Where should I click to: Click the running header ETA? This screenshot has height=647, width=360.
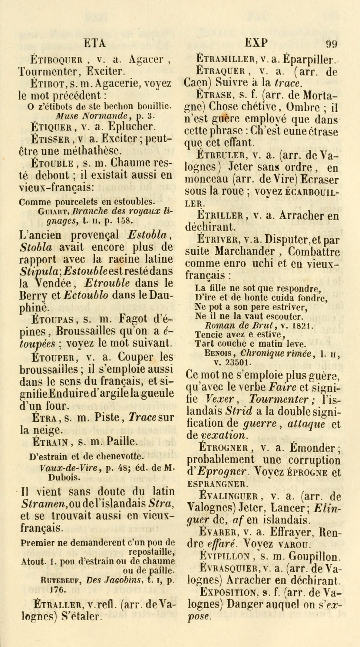pos(95,44)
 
